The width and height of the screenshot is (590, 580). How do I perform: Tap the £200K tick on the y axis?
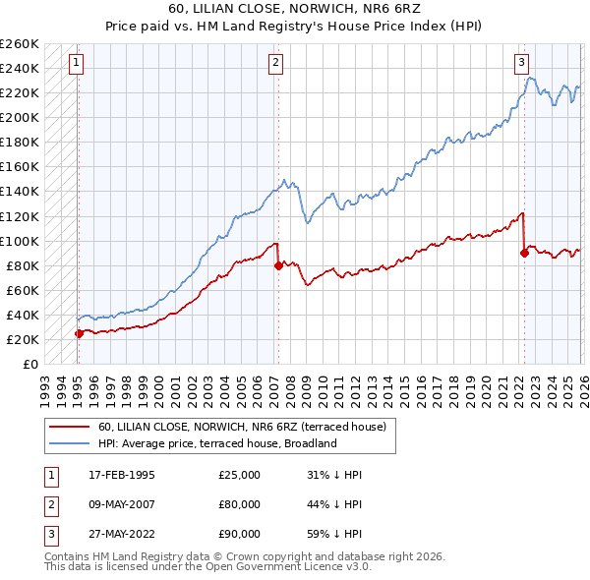[x=19, y=117]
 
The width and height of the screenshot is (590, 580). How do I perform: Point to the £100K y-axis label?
[x=19, y=241]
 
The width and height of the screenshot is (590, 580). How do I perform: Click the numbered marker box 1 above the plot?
[x=77, y=63]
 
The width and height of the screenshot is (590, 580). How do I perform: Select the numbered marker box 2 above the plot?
[x=276, y=63]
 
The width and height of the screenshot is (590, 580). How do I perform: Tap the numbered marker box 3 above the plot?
[x=522, y=63]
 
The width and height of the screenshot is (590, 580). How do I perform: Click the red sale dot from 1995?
[x=79, y=333]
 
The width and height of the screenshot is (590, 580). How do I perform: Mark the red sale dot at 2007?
[x=278, y=265]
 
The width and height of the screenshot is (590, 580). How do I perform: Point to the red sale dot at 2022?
[x=524, y=253]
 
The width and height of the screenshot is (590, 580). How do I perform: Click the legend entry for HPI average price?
[x=216, y=443]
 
